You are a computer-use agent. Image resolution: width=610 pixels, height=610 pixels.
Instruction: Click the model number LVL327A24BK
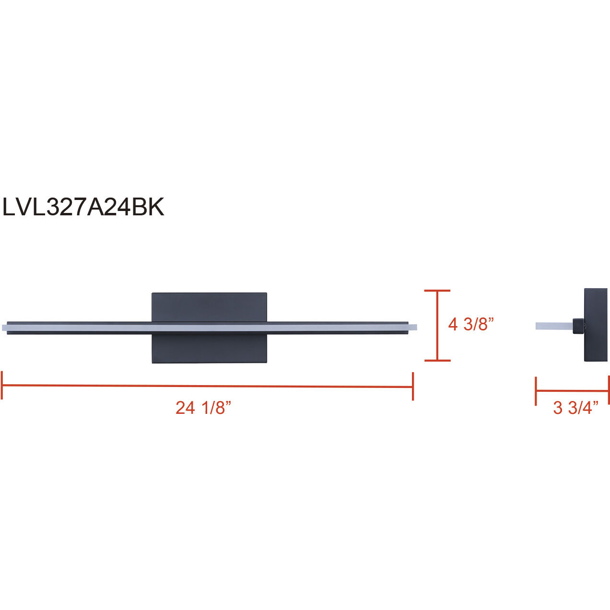click(x=83, y=207)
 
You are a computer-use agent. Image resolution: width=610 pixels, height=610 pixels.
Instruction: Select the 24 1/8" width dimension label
click(x=203, y=408)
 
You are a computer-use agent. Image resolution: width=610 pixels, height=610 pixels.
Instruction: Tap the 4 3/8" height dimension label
click(x=470, y=325)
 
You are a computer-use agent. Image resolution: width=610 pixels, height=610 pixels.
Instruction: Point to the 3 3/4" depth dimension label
click(x=575, y=408)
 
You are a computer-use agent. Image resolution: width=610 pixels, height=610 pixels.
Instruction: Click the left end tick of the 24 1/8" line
click(x=2, y=385)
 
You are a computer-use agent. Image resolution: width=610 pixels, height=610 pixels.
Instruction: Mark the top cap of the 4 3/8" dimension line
click(x=437, y=291)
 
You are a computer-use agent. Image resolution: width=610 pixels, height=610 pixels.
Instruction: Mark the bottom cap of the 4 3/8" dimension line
click(x=437, y=360)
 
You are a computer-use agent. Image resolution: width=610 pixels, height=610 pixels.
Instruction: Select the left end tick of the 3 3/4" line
click(x=536, y=391)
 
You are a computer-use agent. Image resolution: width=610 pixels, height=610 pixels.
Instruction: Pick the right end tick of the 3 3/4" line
click(x=608, y=391)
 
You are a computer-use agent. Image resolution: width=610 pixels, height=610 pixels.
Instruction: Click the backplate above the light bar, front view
click(x=209, y=307)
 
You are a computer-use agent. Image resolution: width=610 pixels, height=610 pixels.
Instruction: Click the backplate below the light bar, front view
click(x=209, y=348)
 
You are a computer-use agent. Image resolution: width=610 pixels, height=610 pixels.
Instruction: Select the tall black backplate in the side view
click(x=596, y=325)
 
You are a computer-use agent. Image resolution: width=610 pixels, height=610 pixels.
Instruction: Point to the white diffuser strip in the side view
click(x=553, y=326)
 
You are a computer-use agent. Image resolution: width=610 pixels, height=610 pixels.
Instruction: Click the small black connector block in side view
click(x=578, y=326)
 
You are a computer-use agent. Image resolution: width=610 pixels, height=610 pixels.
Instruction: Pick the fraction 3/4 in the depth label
click(x=583, y=408)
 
